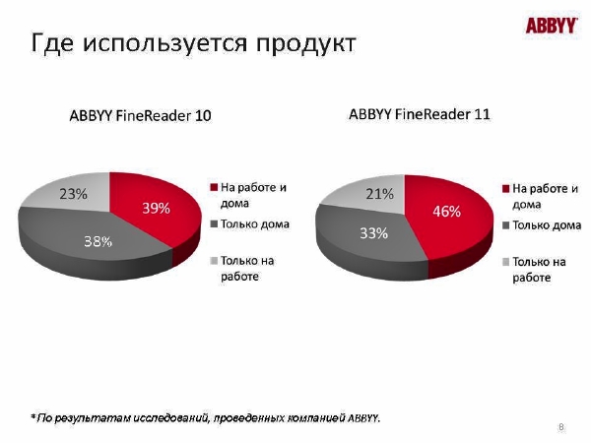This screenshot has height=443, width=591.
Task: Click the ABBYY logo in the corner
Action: point(552,26)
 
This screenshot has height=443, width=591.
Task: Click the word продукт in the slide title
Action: point(306,43)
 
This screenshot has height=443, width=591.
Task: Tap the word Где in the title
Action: point(52,43)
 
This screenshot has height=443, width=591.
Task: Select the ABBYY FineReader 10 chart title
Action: point(140,115)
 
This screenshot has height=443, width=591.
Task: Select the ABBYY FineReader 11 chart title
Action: point(420,114)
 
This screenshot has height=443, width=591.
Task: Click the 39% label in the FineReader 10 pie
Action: point(156,208)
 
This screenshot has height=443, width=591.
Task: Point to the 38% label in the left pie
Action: point(98,241)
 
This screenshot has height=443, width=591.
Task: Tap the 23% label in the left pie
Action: point(73,194)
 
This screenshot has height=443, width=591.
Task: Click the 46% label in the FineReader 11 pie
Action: point(446,212)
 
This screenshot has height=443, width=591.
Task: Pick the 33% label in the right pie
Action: point(374,233)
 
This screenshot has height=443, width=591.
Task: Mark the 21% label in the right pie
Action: point(380,194)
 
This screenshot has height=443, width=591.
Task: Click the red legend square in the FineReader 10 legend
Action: point(214,187)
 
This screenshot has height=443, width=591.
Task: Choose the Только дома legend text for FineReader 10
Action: point(255,224)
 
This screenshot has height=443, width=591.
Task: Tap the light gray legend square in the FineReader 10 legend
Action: point(214,260)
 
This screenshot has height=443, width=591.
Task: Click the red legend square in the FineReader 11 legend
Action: point(506,188)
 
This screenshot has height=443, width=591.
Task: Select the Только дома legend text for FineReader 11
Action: point(547,225)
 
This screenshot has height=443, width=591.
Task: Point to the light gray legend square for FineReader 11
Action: point(506,262)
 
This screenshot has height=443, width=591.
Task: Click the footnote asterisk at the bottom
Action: point(33,416)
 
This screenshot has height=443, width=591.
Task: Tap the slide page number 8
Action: point(561,427)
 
